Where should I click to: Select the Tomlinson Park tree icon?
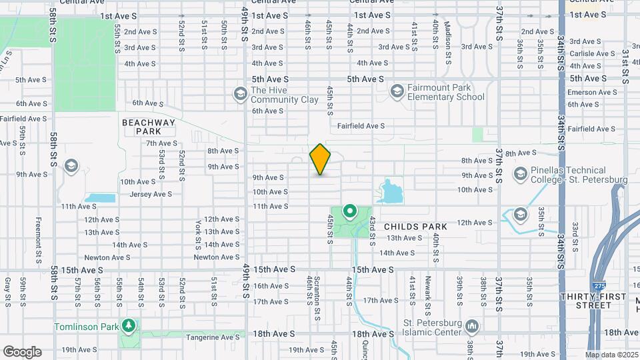(129, 326)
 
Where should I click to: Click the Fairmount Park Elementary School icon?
(397, 91)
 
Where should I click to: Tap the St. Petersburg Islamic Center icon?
(473, 326)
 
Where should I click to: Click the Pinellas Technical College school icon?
(521, 175)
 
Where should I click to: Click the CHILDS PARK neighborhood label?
(415, 227)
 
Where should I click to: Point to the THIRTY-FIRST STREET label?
(586, 301)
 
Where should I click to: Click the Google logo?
(22, 351)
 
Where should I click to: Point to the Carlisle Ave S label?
(587, 53)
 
